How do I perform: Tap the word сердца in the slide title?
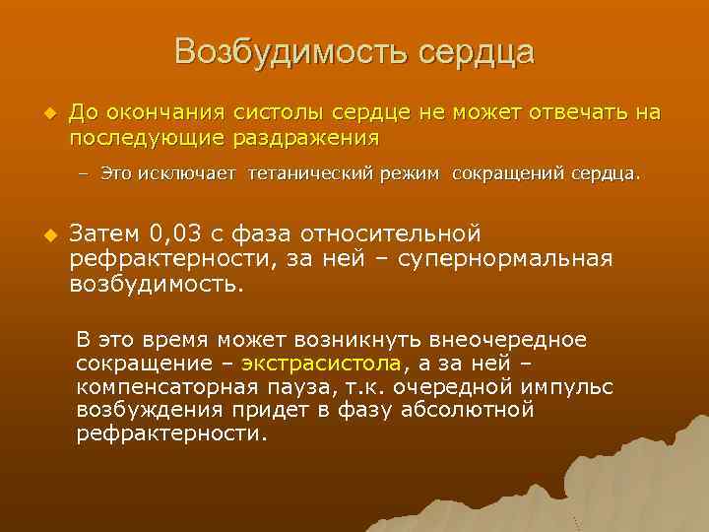[x=475, y=52]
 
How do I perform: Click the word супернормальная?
[x=506, y=259]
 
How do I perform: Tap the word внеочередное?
[x=508, y=340]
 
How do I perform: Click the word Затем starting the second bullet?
[x=105, y=234]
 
